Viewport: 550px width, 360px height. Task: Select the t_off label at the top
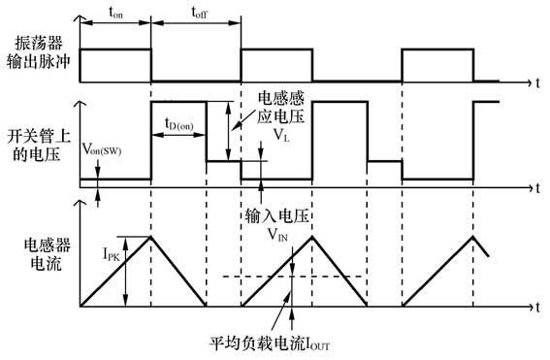point(197,13)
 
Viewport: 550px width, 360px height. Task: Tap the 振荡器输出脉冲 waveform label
point(39,52)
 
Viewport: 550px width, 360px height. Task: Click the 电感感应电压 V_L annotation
point(281,115)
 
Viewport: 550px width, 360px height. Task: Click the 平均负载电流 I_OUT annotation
point(269,344)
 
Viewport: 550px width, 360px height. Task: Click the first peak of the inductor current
point(150,236)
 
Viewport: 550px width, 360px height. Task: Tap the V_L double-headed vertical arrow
point(227,130)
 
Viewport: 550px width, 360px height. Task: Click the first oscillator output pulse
point(115,64)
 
